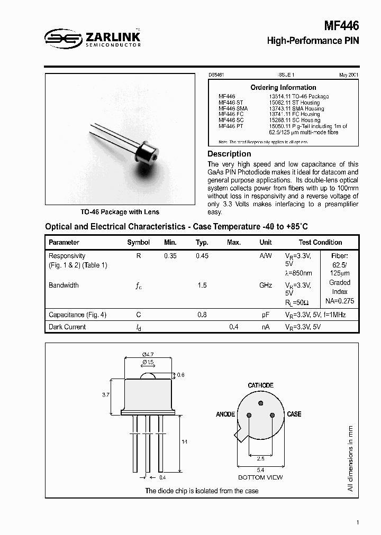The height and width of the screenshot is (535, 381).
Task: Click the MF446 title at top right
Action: coord(341,26)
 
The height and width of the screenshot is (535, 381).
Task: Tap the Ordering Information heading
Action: coord(283,87)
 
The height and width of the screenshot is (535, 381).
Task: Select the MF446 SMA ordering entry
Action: coord(233,108)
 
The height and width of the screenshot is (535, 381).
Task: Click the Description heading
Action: coord(229,154)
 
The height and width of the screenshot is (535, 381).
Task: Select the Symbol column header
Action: coord(138,242)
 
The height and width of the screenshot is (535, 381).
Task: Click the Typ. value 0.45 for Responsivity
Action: coord(202,256)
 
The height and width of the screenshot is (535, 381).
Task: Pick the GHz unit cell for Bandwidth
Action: coord(266,285)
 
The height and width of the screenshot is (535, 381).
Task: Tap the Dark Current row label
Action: coord(67,327)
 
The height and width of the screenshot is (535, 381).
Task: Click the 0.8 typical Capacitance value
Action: coord(202,315)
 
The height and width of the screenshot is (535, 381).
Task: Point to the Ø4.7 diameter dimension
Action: coord(148,354)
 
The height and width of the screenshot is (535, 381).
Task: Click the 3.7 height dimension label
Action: coord(105,394)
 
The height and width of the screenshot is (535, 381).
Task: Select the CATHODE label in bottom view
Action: coord(260,385)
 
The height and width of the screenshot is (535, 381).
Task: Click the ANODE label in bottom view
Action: coord(225,414)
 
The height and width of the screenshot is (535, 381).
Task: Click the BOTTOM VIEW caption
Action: coord(260,477)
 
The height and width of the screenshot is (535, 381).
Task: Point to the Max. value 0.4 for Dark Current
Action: coord(233,327)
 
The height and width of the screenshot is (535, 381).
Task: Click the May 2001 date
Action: coord(349,76)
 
